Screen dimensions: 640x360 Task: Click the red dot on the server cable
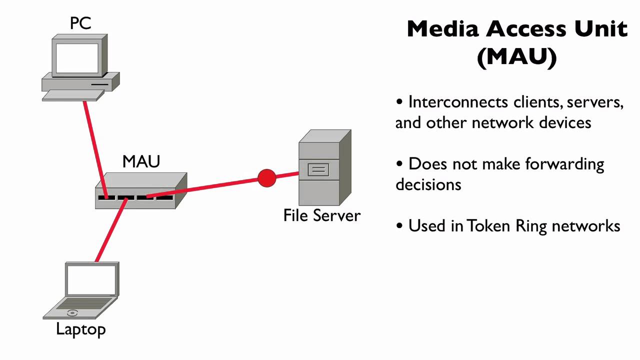267,178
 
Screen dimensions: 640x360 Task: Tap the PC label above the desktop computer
80,23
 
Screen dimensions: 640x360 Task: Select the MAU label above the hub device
141,161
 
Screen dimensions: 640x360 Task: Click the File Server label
321,215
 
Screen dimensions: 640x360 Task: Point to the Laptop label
81,329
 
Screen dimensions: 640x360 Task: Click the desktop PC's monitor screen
77,58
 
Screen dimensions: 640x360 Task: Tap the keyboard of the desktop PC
73,95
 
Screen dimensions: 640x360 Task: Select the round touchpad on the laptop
72,313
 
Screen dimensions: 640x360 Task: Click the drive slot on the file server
318,169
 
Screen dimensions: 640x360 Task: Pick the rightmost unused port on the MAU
164,197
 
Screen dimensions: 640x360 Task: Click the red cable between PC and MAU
95,149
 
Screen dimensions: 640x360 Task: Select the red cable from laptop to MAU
111,229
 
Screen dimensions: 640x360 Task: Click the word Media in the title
442,29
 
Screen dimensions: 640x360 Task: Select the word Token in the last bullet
488,225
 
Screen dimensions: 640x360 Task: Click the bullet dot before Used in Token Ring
399,225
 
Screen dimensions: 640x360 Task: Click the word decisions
428,184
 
